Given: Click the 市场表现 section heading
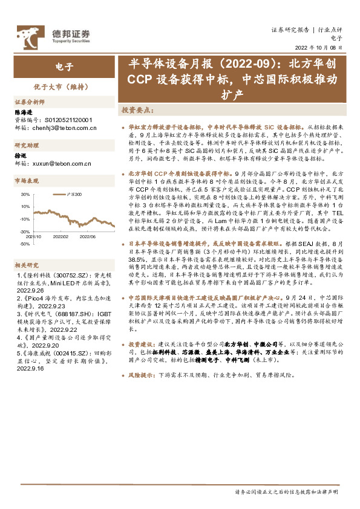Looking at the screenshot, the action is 26,180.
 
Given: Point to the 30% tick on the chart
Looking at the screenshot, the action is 25,195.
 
